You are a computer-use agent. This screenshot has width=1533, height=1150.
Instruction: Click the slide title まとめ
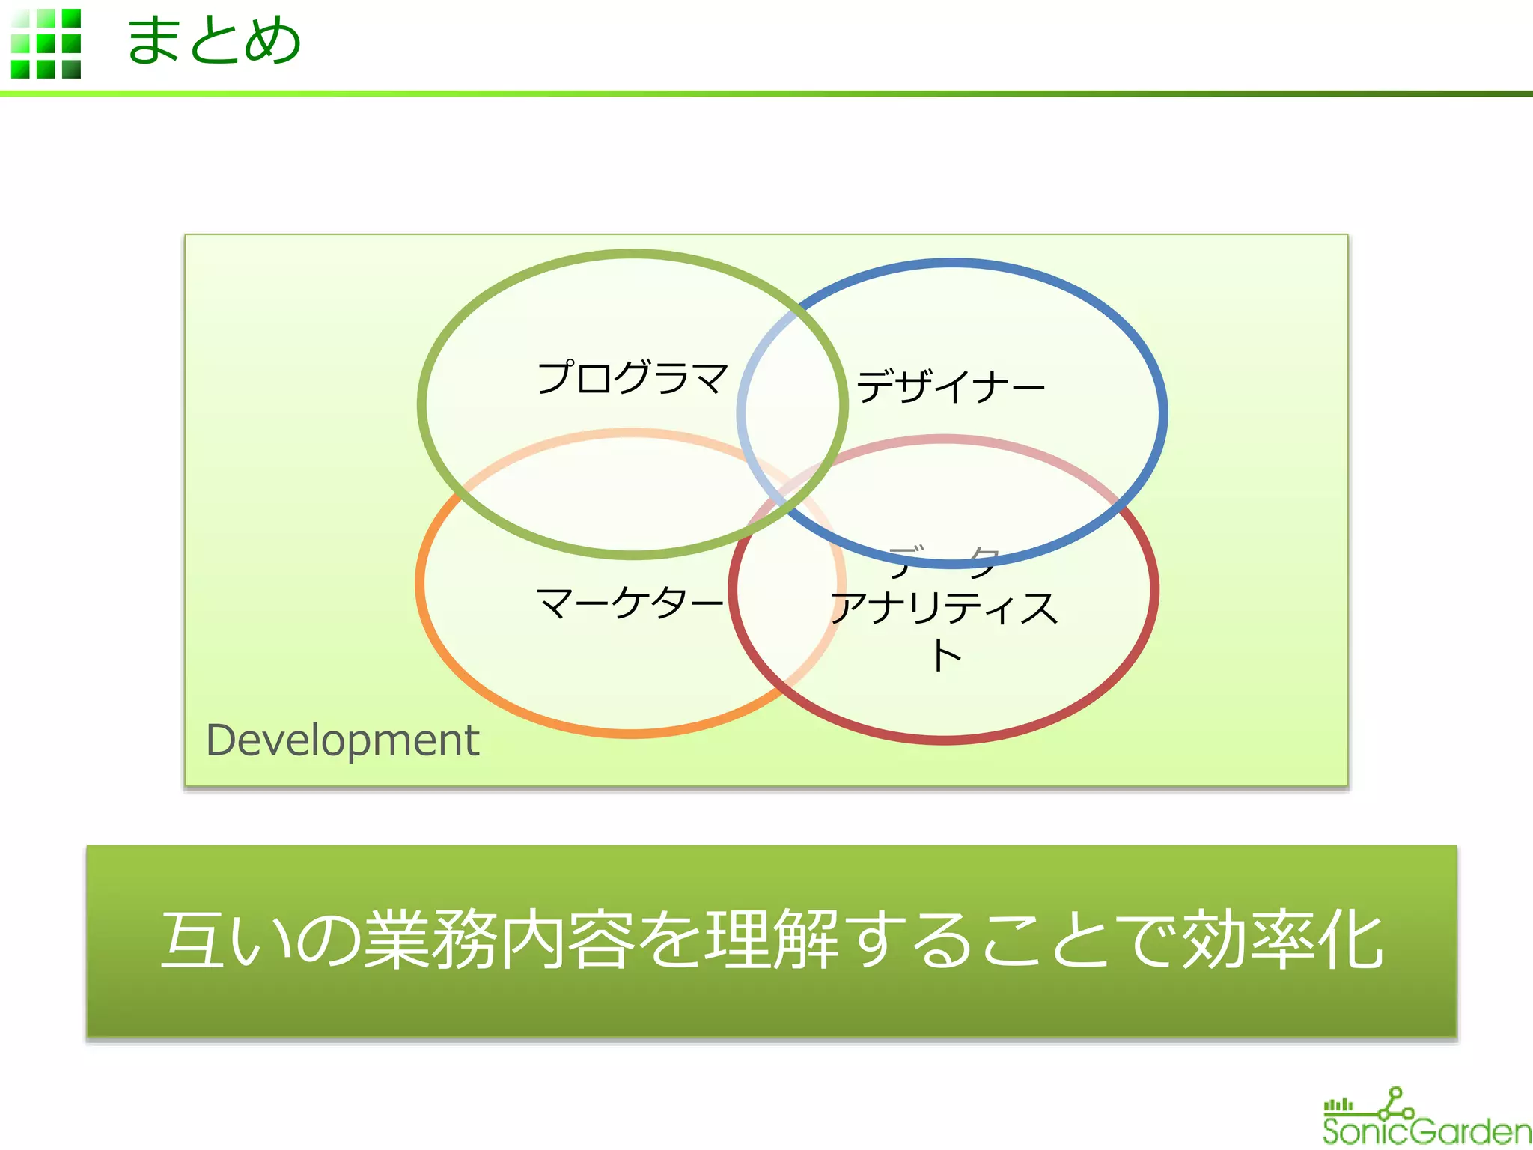point(213,41)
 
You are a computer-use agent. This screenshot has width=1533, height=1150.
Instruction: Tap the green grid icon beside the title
point(46,43)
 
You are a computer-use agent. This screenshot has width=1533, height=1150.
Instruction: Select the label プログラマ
point(633,377)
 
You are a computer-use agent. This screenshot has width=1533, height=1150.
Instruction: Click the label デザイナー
point(951,387)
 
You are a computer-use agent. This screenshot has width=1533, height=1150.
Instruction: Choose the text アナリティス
point(945,608)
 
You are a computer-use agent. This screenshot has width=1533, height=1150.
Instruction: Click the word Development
point(342,740)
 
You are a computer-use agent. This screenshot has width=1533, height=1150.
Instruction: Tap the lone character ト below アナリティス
point(946,656)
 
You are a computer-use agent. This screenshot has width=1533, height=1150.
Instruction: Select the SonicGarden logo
point(1426,1119)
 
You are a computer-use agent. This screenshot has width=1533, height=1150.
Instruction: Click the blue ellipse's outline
point(1163,412)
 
